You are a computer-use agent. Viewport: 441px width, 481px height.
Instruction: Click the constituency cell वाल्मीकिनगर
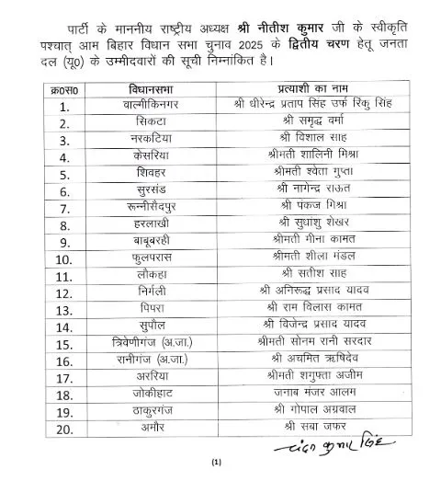[x=145, y=107]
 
